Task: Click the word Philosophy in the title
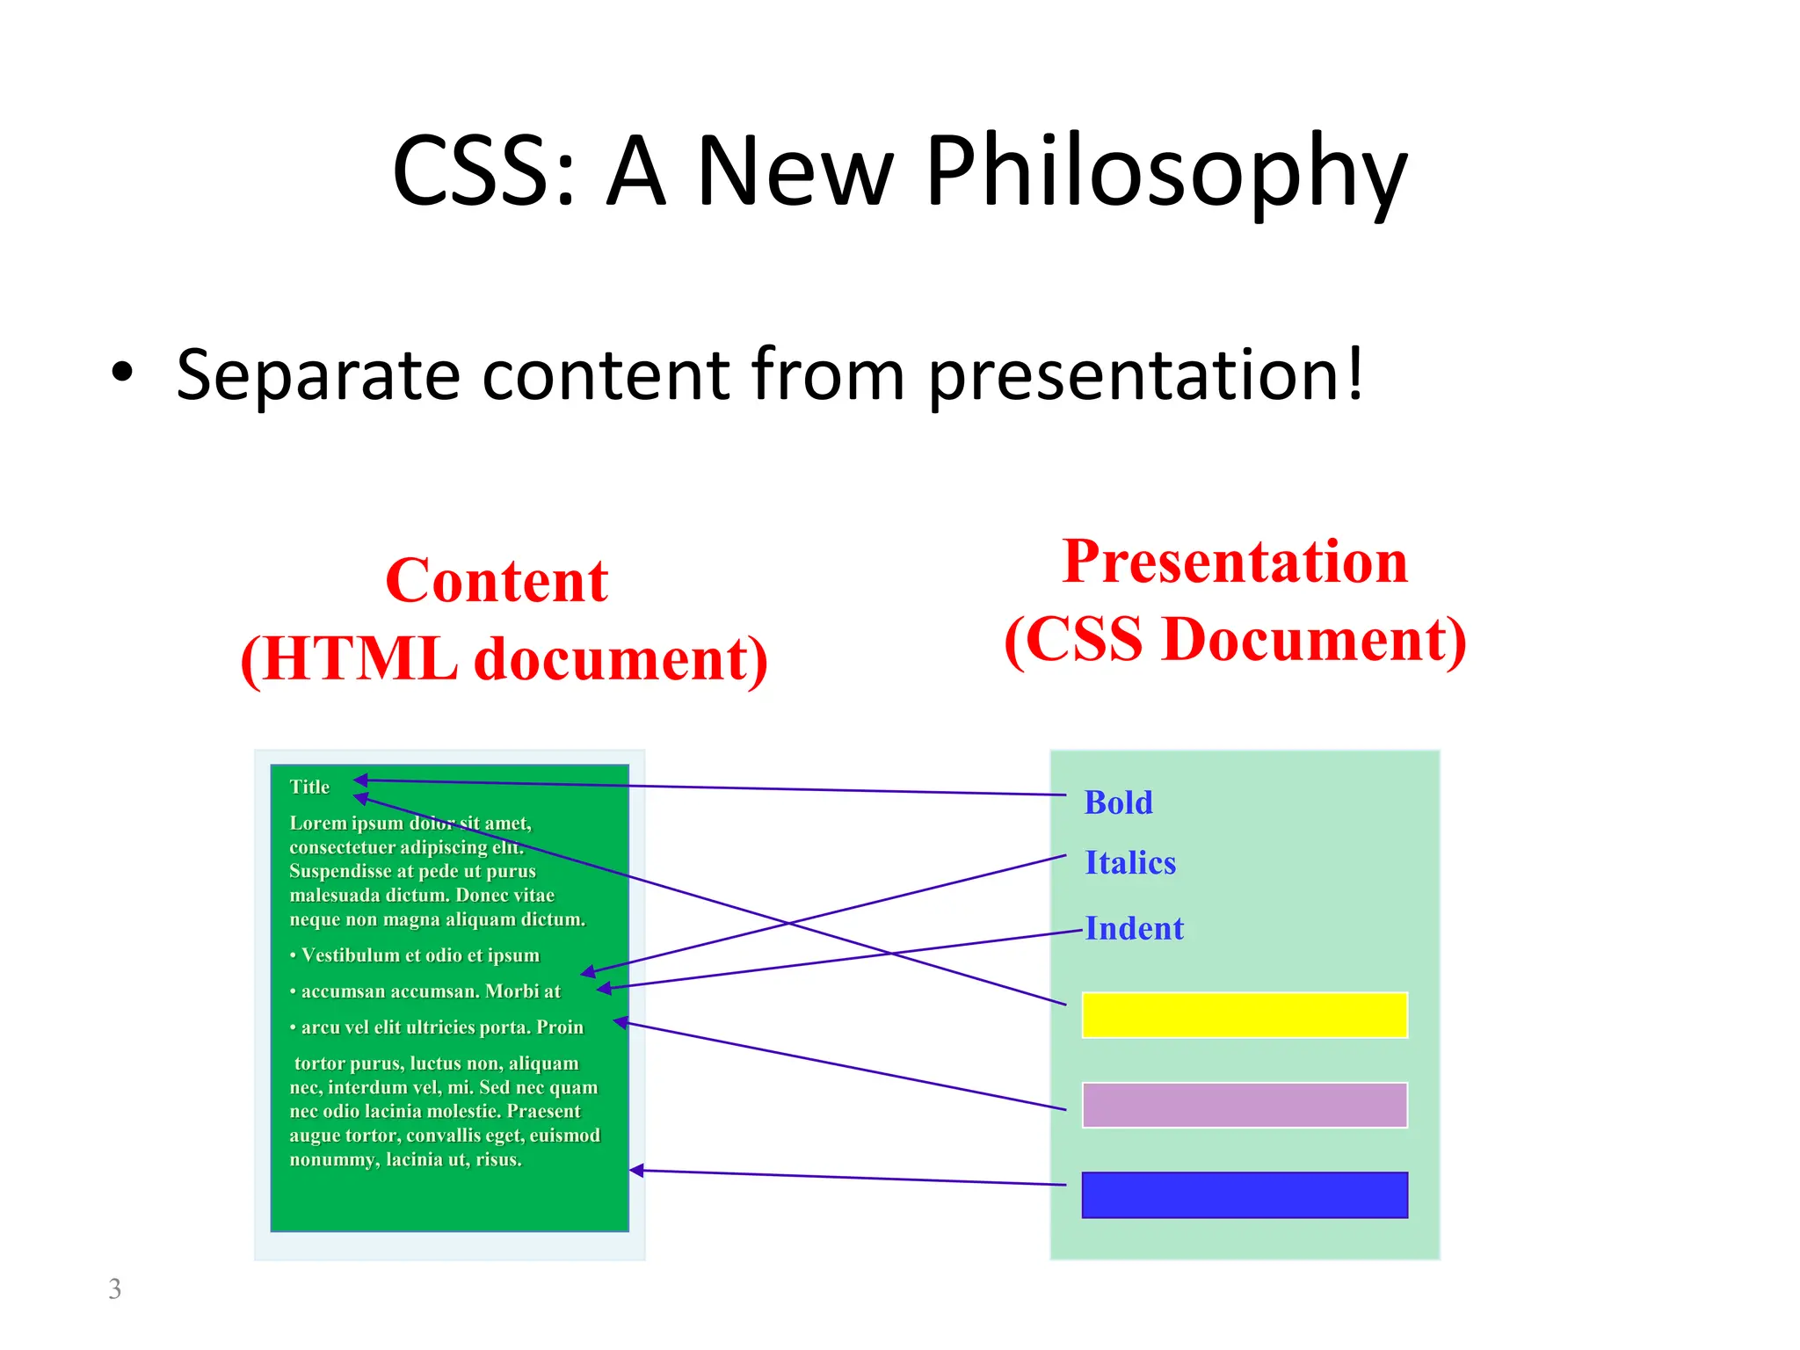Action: click(x=1165, y=171)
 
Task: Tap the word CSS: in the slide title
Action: click(x=483, y=171)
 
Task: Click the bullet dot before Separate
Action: click(x=122, y=373)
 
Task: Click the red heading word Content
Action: click(x=497, y=581)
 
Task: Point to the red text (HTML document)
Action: click(x=504, y=658)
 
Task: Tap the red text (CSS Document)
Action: click(x=1235, y=639)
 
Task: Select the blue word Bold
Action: click(x=1118, y=802)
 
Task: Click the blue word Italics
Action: click(x=1130, y=862)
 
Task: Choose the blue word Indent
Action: click(x=1135, y=928)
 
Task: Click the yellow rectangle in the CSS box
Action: click(x=1245, y=1015)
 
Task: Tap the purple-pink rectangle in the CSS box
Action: click(x=1245, y=1105)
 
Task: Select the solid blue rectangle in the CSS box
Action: click(x=1245, y=1194)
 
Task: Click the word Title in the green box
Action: click(x=309, y=787)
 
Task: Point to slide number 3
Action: click(x=114, y=1288)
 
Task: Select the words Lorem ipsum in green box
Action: click(x=345, y=824)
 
